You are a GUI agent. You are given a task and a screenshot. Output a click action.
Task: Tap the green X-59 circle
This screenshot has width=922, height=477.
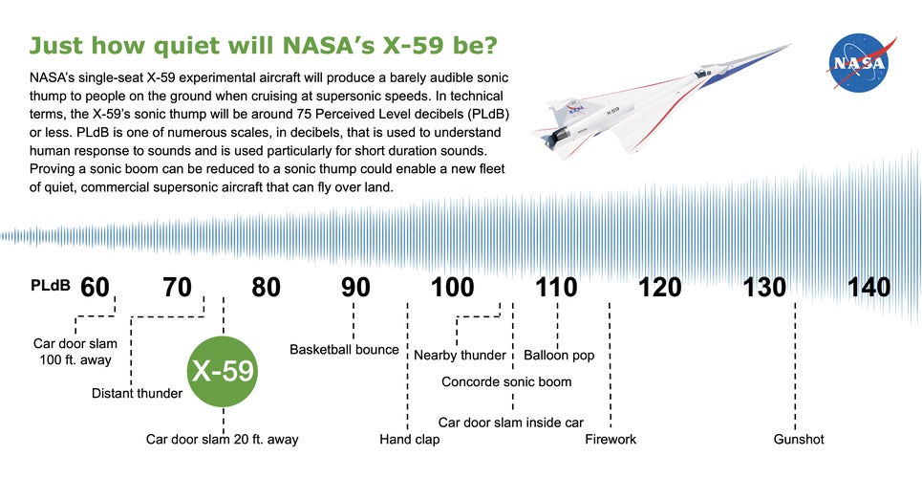223,371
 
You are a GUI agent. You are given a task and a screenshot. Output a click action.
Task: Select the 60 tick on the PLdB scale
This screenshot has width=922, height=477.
95,287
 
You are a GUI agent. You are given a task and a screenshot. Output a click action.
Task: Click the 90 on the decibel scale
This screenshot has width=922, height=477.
354,287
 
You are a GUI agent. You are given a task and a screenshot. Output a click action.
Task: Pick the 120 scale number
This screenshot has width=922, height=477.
660,287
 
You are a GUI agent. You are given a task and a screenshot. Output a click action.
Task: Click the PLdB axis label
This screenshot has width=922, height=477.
50,286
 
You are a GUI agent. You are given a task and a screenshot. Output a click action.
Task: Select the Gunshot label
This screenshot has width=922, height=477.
799,440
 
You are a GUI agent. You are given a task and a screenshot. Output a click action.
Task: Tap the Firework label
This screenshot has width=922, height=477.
611,440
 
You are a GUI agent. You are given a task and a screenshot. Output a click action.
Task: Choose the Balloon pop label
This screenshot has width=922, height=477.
559,356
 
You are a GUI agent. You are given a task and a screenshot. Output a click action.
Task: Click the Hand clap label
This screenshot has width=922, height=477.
410,440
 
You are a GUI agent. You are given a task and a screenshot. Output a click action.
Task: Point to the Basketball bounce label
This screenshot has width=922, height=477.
344,350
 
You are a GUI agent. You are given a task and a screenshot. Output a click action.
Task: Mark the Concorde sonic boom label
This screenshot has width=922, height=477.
506,382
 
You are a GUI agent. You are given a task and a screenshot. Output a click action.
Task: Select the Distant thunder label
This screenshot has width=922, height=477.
137,393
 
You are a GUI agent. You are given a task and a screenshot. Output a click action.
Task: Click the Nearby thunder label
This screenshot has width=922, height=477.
460,356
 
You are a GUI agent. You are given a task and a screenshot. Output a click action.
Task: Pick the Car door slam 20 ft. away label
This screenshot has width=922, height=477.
222,440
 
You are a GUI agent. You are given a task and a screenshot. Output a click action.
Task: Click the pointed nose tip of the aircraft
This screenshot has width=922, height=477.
790,45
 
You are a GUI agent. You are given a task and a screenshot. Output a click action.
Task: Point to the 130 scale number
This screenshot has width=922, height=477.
764,287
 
